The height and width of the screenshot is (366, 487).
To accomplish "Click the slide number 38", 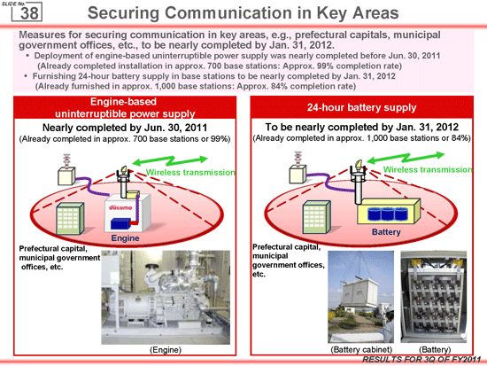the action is tap(29, 13).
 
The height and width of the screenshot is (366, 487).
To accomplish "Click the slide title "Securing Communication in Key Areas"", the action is tap(243, 13).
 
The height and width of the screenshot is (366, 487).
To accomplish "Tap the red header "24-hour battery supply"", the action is tap(361, 107).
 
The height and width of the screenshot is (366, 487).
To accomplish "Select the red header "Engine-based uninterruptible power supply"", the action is tap(125, 107).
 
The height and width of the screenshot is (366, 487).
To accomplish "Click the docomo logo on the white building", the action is tap(120, 207).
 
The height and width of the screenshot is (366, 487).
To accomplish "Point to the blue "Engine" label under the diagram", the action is tap(125, 238).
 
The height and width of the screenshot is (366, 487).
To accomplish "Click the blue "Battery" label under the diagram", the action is tap(386, 232).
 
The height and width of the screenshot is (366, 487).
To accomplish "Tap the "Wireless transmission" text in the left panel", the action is tap(190, 172).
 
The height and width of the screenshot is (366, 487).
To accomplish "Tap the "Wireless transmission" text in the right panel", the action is tap(428, 169).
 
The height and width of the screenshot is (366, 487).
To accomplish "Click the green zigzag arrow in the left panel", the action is tap(170, 160).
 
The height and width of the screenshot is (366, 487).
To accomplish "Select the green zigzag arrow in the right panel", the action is tap(406, 158).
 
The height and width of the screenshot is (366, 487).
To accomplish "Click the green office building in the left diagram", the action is tap(70, 218).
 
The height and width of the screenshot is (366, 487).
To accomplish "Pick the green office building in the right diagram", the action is tap(316, 217).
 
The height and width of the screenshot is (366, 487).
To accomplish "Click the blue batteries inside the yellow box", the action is tap(385, 214).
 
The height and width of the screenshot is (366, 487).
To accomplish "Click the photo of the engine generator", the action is tap(166, 297).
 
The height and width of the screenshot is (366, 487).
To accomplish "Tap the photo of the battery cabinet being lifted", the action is tap(361, 297).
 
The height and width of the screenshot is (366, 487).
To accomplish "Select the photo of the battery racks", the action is tap(434, 297).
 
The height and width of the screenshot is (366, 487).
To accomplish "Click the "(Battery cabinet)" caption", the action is tap(361, 349).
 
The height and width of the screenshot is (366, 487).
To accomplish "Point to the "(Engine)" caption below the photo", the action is tap(166, 350).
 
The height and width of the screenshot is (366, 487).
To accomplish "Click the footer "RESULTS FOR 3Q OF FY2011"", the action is tap(421, 360).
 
